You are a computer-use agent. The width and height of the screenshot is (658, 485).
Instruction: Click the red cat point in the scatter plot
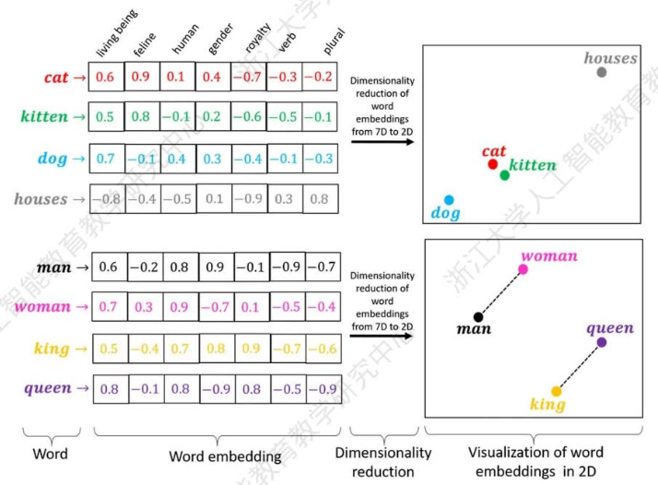(x=493, y=164)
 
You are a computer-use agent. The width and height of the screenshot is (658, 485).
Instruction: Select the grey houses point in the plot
(x=602, y=71)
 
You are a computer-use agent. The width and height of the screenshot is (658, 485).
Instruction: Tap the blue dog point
(x=449, y=199)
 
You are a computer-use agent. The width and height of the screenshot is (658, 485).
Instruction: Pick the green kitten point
(x=505, y=174)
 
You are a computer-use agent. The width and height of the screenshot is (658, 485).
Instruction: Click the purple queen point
(x=601, y=342)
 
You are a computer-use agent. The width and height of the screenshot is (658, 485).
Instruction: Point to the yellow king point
(x=557, y=391)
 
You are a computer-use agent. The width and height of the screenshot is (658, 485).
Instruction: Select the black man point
(x=478, y=316)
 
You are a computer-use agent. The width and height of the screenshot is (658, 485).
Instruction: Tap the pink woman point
(x=523, y=269)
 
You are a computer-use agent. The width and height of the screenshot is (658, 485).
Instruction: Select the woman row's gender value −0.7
(x=215, y=306)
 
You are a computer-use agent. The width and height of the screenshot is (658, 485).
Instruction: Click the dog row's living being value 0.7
(x=106, y=159)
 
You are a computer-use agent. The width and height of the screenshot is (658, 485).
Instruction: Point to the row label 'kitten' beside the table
(x=44, y=117)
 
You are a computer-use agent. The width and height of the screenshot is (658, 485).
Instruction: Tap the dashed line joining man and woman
(x=500, y=293)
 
